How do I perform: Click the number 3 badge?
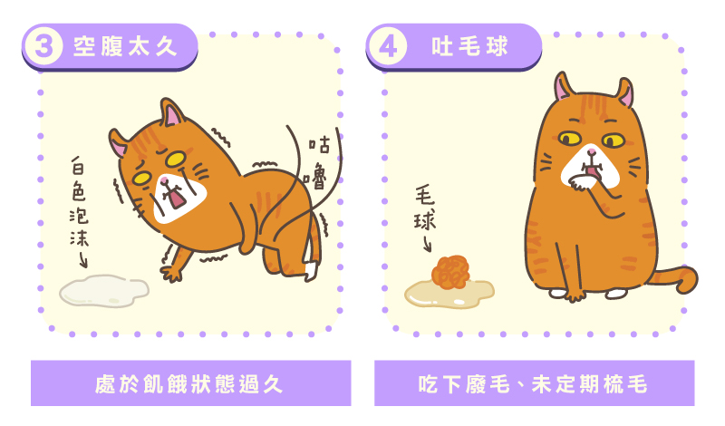(43, 46)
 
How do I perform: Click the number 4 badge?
(388, 46)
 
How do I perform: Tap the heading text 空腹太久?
(125, 46)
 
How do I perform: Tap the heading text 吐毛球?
(469, 46)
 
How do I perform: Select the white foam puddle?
(104, 291)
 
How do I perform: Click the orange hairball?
(450, 272)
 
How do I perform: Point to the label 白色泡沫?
(79, 201)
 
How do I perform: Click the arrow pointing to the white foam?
(83, 259)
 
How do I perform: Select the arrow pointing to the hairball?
(427, 243)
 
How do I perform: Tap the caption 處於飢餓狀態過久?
(188, 384)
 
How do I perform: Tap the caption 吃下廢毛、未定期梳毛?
(533, 384)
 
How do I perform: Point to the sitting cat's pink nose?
(592, 151)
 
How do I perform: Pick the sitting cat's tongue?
(593, 172)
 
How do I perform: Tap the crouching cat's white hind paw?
(312, 271)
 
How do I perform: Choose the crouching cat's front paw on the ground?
(170, 273)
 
